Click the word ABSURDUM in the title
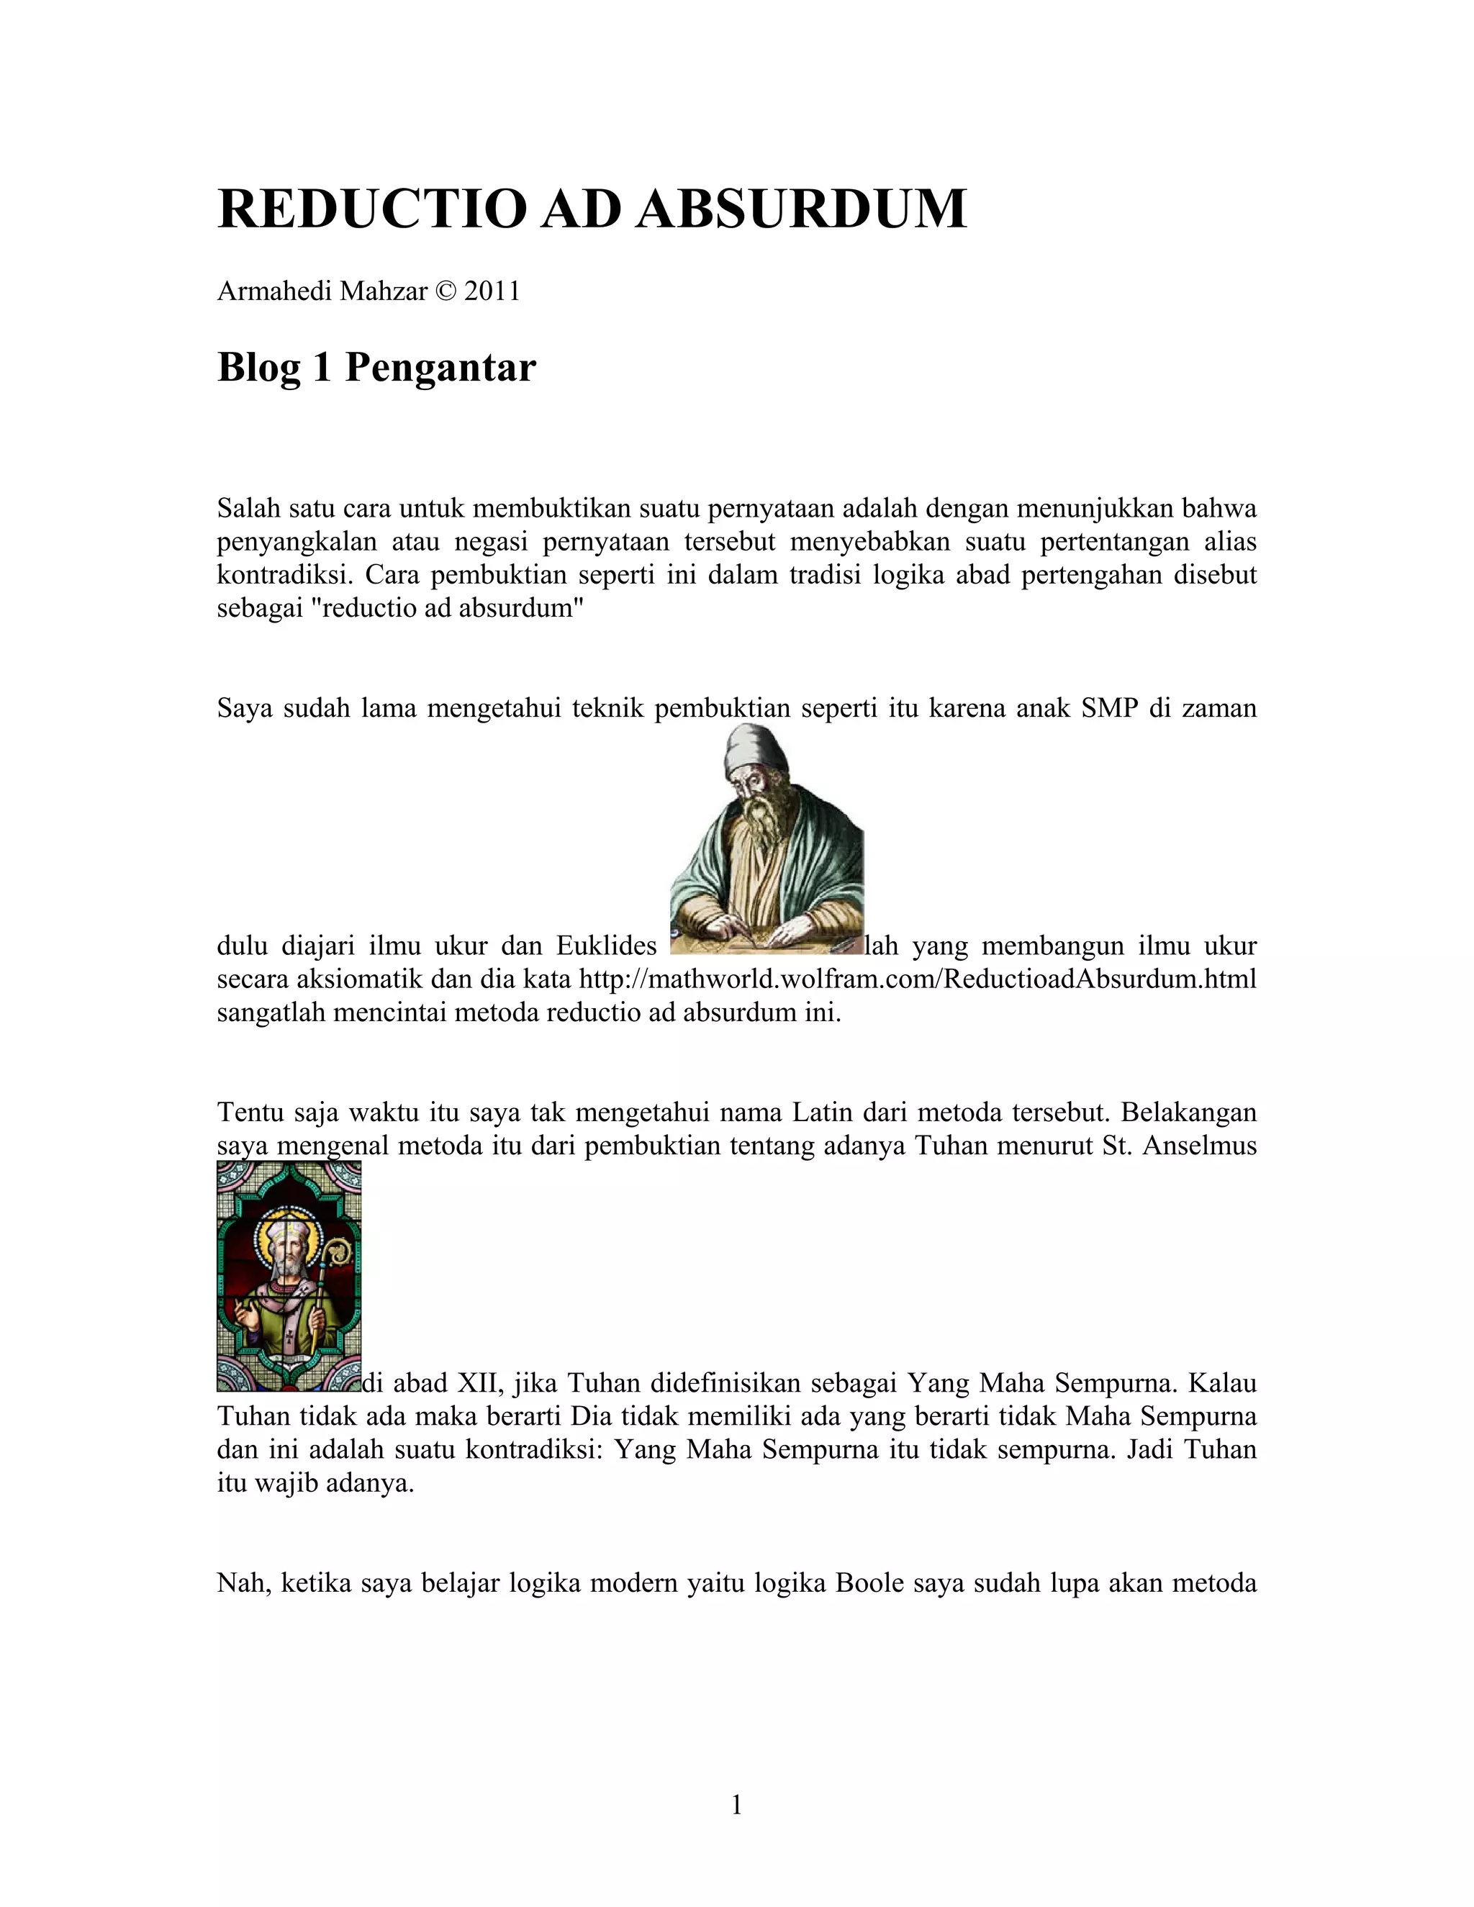click(801, 209)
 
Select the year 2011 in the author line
click(492, 291)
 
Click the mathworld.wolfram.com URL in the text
click(918, 979)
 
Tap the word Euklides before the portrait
click(606, 946)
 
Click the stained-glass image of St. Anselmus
click(289, 1277)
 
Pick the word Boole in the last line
click(869, 1583)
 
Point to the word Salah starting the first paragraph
click(249, 508)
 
